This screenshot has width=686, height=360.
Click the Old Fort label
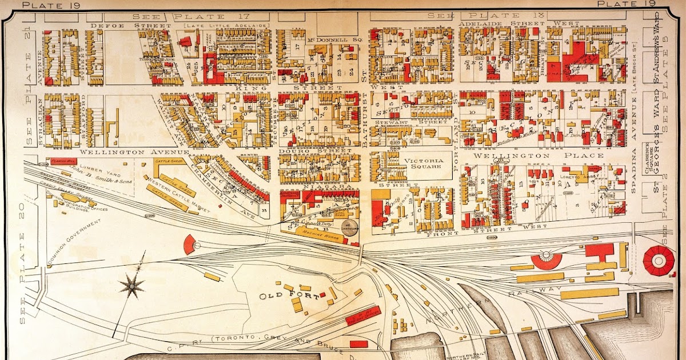pyautogui.click(x=280, y=296)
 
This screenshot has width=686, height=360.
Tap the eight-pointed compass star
pyautogui.click(x=133, y=285)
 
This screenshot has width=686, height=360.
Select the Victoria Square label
pyautogui.click(x=424, y=165)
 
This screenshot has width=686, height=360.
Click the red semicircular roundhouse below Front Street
pyautogui.click(x=547, y=261)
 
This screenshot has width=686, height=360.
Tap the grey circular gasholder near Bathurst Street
pyautogui.click(x=350, y=227)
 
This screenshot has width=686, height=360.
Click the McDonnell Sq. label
pyautogui.click(x=336, y=39)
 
